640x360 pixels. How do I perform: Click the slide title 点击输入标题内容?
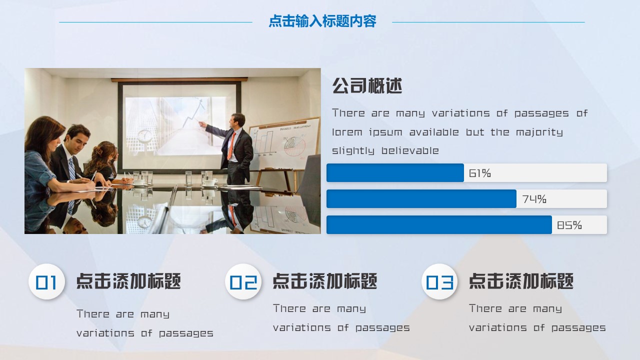click(322, 21)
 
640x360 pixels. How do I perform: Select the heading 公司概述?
click(367, 86)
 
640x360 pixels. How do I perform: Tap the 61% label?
click(480, 173)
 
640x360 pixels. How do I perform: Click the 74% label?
click(534, 199)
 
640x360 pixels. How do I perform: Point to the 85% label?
click(569, 225)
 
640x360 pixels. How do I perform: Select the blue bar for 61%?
click(395, 173)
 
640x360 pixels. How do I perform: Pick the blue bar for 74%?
click(421, 199)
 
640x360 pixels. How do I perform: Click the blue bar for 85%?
click(439, 225)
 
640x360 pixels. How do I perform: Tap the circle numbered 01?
click(46, 282)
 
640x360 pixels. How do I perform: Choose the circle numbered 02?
click(243, 282)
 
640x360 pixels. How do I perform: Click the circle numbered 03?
click(439, 282)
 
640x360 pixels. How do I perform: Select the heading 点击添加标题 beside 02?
click(325, 281)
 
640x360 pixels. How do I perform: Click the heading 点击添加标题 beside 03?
click(521, 281)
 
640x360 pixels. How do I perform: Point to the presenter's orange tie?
click(231, 144)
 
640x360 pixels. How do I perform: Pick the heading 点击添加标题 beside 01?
click(128, 281)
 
